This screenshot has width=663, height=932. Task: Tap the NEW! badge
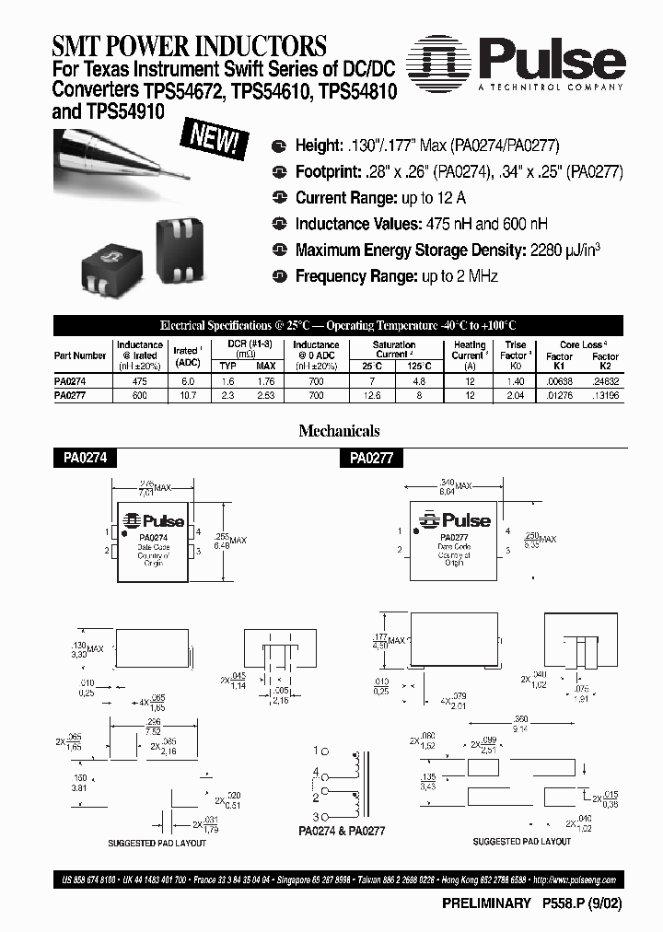tap(217, 141)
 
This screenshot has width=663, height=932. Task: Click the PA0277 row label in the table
tap(72, 394)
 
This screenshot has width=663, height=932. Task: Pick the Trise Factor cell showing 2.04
tap(515, 394)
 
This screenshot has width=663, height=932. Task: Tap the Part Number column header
tap(80, 355)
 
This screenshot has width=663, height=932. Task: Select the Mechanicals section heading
tap(339, 431)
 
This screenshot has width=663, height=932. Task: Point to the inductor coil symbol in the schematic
tap(353, 783)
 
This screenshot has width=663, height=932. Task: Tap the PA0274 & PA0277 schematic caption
tap(343, 830)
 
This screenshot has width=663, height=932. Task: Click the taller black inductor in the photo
tap(184, 246)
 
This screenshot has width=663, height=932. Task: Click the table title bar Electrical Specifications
tap(338, 326)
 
